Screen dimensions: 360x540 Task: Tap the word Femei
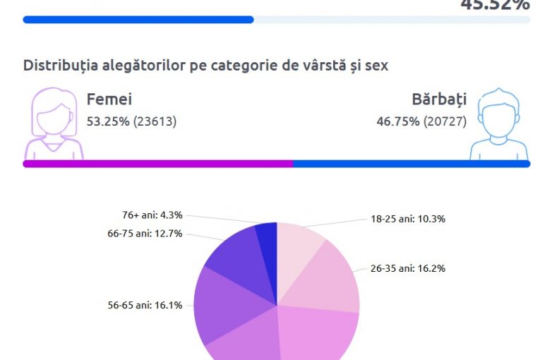[x=109, y=100]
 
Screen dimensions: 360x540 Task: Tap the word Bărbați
[x=438, y=100]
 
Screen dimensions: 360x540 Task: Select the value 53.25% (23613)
[x=131, y=121]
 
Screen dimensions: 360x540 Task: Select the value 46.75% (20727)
[x=421, y=121]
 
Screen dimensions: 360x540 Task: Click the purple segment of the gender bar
[x=157, y=164]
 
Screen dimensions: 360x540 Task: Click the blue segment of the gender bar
[x=411, y=164]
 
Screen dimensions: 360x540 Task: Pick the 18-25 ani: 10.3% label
[x=408, y=219]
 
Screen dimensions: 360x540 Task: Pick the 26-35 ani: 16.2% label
[x=408, y=268]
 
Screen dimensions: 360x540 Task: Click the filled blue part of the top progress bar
[x=138, y=20]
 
